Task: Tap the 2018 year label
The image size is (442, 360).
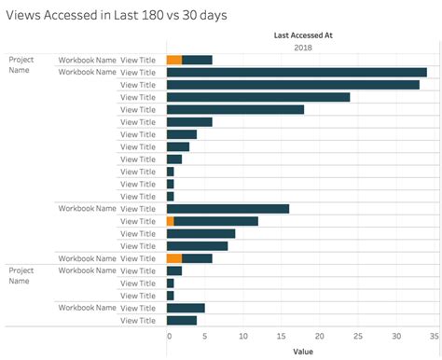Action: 305,47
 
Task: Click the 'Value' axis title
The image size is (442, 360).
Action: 302,352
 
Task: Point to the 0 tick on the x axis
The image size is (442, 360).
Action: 169,337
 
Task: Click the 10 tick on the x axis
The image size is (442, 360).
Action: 243,337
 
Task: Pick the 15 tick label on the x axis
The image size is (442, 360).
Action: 282,337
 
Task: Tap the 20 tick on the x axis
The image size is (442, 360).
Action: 320,337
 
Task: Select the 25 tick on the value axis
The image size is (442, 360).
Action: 358,337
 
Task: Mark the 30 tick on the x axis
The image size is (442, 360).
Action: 396,337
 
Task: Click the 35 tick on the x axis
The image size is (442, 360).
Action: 434,337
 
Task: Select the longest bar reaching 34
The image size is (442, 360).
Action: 297,72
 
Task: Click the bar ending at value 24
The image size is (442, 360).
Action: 258,97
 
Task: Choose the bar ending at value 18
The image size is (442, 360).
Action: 235,109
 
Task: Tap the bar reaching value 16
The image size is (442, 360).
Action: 228,208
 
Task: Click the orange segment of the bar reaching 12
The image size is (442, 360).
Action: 171,221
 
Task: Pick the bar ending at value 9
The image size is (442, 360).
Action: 200,233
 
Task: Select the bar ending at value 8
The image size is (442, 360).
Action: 197,245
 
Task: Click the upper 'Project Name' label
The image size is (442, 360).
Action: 21,65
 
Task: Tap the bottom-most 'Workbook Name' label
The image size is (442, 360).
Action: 87,307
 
